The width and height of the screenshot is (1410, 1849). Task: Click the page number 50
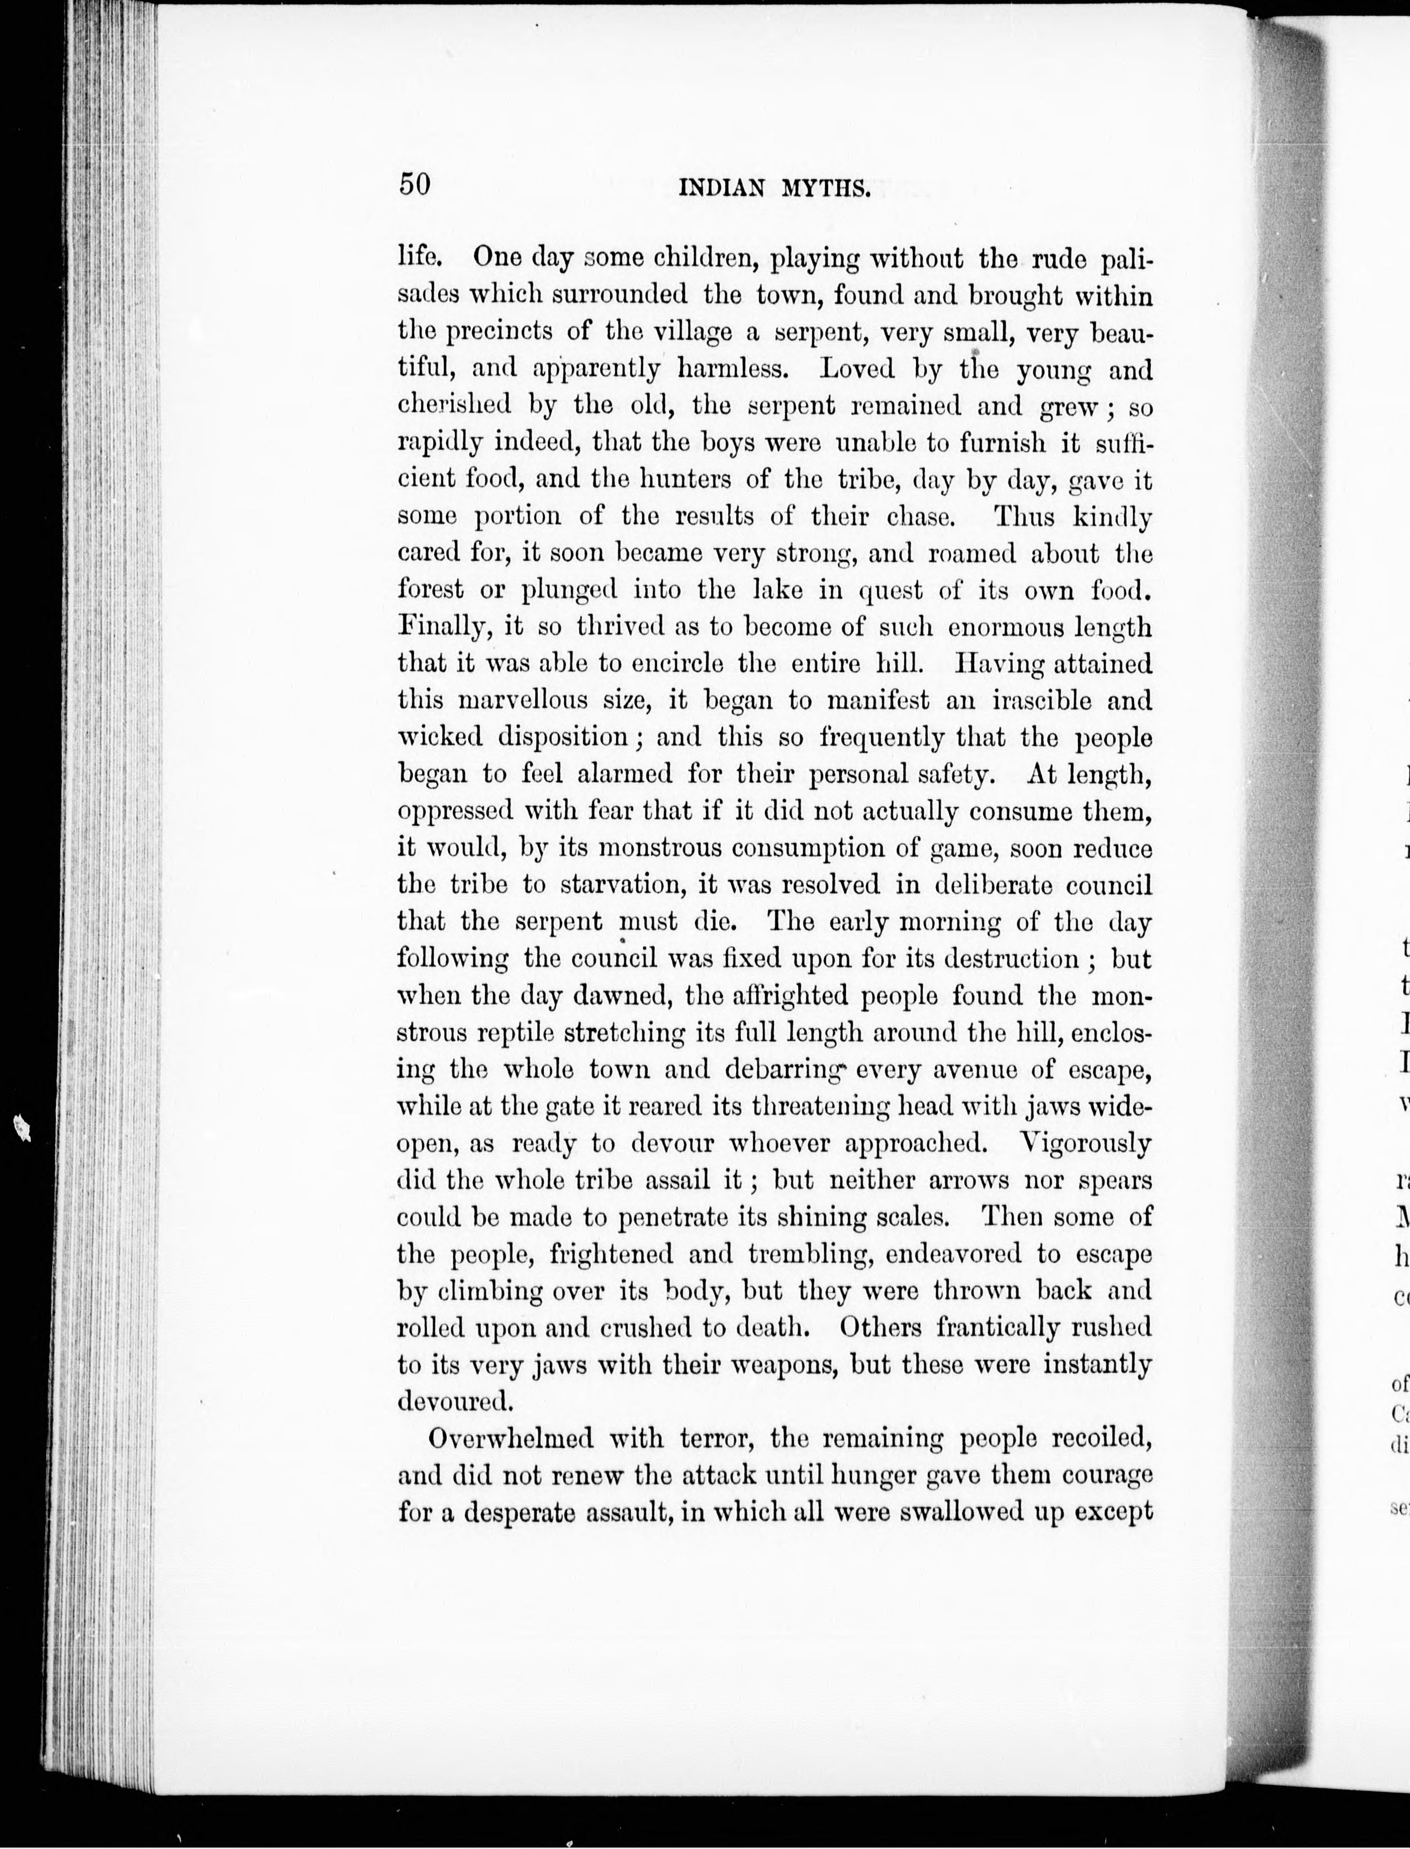point(415,183)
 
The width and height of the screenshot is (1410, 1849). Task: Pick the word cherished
point(453,406)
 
